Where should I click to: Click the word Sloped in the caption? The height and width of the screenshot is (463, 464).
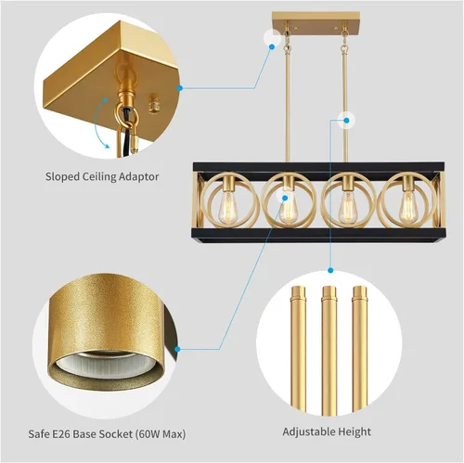coord(63,175)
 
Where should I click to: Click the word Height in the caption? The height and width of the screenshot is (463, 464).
coord(354,431)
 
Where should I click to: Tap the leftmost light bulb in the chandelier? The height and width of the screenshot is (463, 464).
coord(228,210)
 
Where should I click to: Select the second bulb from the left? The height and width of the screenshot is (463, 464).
coord(289,211)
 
